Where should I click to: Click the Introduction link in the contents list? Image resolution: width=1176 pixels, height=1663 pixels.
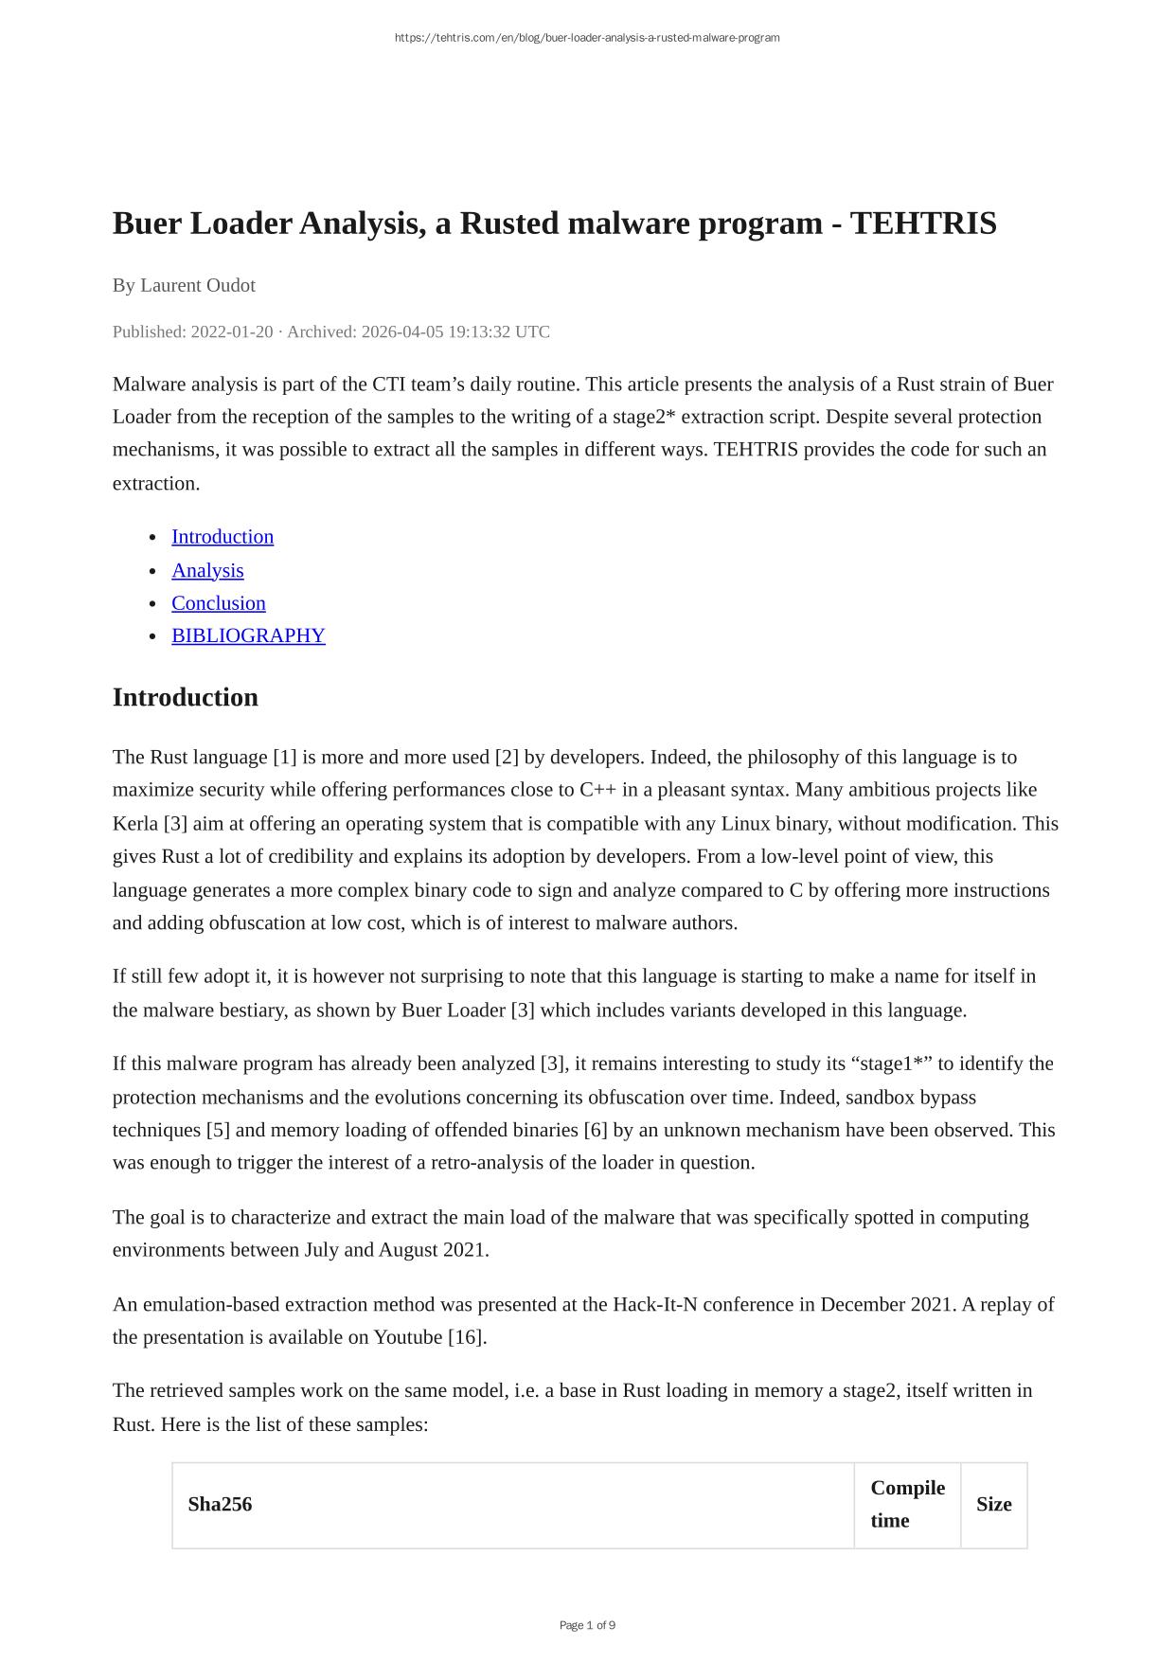pyautogui.click(x=223, y=537)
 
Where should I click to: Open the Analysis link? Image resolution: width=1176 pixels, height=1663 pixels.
pyautogui.click(x=207, y=570)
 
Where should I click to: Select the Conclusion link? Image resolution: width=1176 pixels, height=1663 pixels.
pyautogui.click(x=219, y=603)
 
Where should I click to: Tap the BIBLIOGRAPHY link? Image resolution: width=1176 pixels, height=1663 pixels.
pyautogui.click(x=248, y=635)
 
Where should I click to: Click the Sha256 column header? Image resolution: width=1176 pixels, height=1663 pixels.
pyautogui.click(x=220, y=1504)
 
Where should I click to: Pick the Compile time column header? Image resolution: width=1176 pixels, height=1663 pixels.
pyautogui.click(x=907, y=1504)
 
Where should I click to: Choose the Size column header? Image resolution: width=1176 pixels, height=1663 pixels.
pyautogui.click(x=993, y=1504)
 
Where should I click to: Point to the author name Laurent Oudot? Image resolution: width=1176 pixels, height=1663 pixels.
pyautogui.click(x=198, y=285)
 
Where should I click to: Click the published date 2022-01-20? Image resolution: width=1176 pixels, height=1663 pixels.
pyautogui.click(x=232, y=331)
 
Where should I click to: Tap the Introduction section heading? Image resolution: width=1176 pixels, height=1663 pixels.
pyautogui.click(x=186, y=697)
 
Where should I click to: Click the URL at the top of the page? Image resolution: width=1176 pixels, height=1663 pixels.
pyautogui.click(x=587, y=38)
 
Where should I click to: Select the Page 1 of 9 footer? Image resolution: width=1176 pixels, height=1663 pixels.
pyautogui.click(x=587, y=1625)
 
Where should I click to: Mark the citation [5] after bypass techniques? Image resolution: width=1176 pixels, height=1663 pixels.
pyautogui.click(x=218, y=1130)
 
